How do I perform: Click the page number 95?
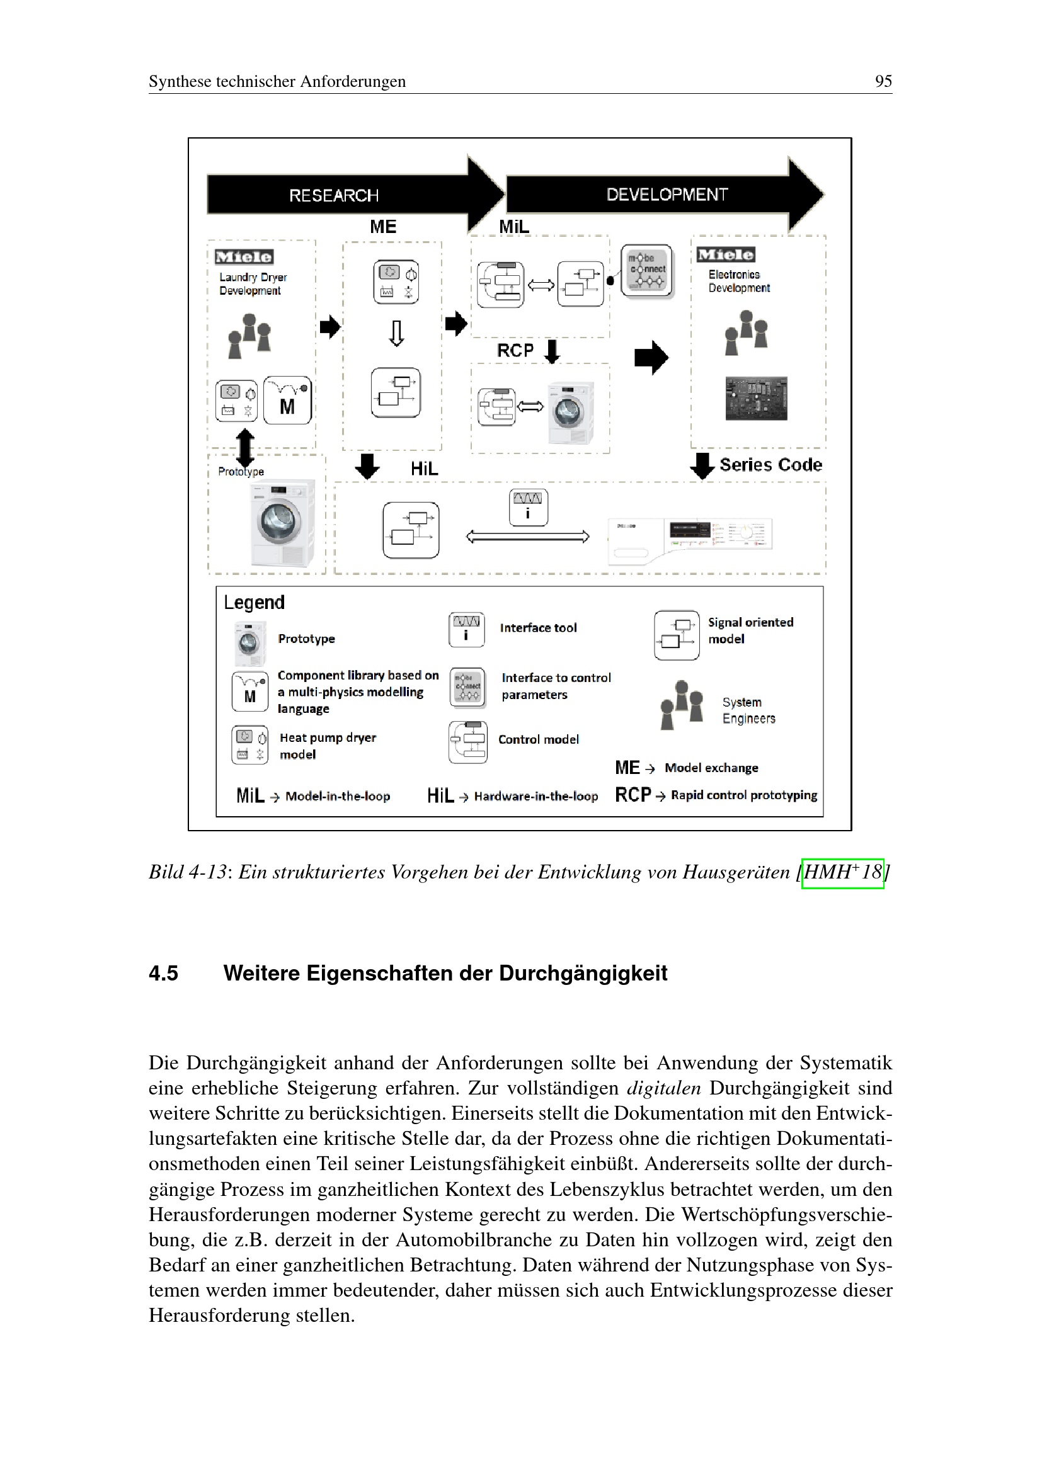(883, 81)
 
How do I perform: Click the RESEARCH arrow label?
(334, 195)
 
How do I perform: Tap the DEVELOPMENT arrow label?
(667, 195)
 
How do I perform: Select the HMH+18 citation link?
(842, 873)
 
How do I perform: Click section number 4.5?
(163, 973)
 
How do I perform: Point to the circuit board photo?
(756, 399)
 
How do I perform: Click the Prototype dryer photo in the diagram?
(282, 522)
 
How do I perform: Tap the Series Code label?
(770, 465)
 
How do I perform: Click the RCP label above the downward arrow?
(515, 350)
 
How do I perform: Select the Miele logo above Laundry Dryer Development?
(244, 256)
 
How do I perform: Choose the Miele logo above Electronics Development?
(726, 254)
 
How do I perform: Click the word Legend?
(254, 603)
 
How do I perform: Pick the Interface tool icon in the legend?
(466, 629)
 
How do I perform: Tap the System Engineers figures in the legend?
(682, 705)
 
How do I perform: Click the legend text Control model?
(538, 739)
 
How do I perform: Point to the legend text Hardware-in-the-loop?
(535, 796)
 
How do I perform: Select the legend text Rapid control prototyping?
(743, 795)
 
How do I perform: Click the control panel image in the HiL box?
(690, 538)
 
